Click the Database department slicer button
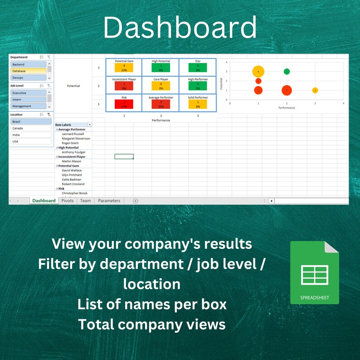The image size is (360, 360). pos(28,71)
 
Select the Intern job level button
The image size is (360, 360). pos(28,100)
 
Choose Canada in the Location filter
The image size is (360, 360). pos(31,128)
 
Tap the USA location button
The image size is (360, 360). pos(31,141)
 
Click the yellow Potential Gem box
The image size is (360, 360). pos(124,68)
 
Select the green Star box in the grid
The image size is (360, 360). pos(198,68)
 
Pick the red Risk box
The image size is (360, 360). pos(124,104)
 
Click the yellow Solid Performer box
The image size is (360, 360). pos(198,104)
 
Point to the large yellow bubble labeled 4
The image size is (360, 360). pos(258,72)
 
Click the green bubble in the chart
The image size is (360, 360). pos(287,72)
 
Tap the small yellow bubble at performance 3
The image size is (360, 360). pos(315,90)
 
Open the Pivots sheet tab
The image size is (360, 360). pos(68,200)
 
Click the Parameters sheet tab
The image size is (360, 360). pos(109,200)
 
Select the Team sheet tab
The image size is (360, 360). pos(85,200)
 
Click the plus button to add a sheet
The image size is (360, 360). pos(135,201)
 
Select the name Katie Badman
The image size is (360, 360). pos(72,180)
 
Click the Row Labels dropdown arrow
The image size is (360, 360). pos(90,125)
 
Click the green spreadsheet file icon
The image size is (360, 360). pos(314,272)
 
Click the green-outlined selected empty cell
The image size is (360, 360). pos(124,156)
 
